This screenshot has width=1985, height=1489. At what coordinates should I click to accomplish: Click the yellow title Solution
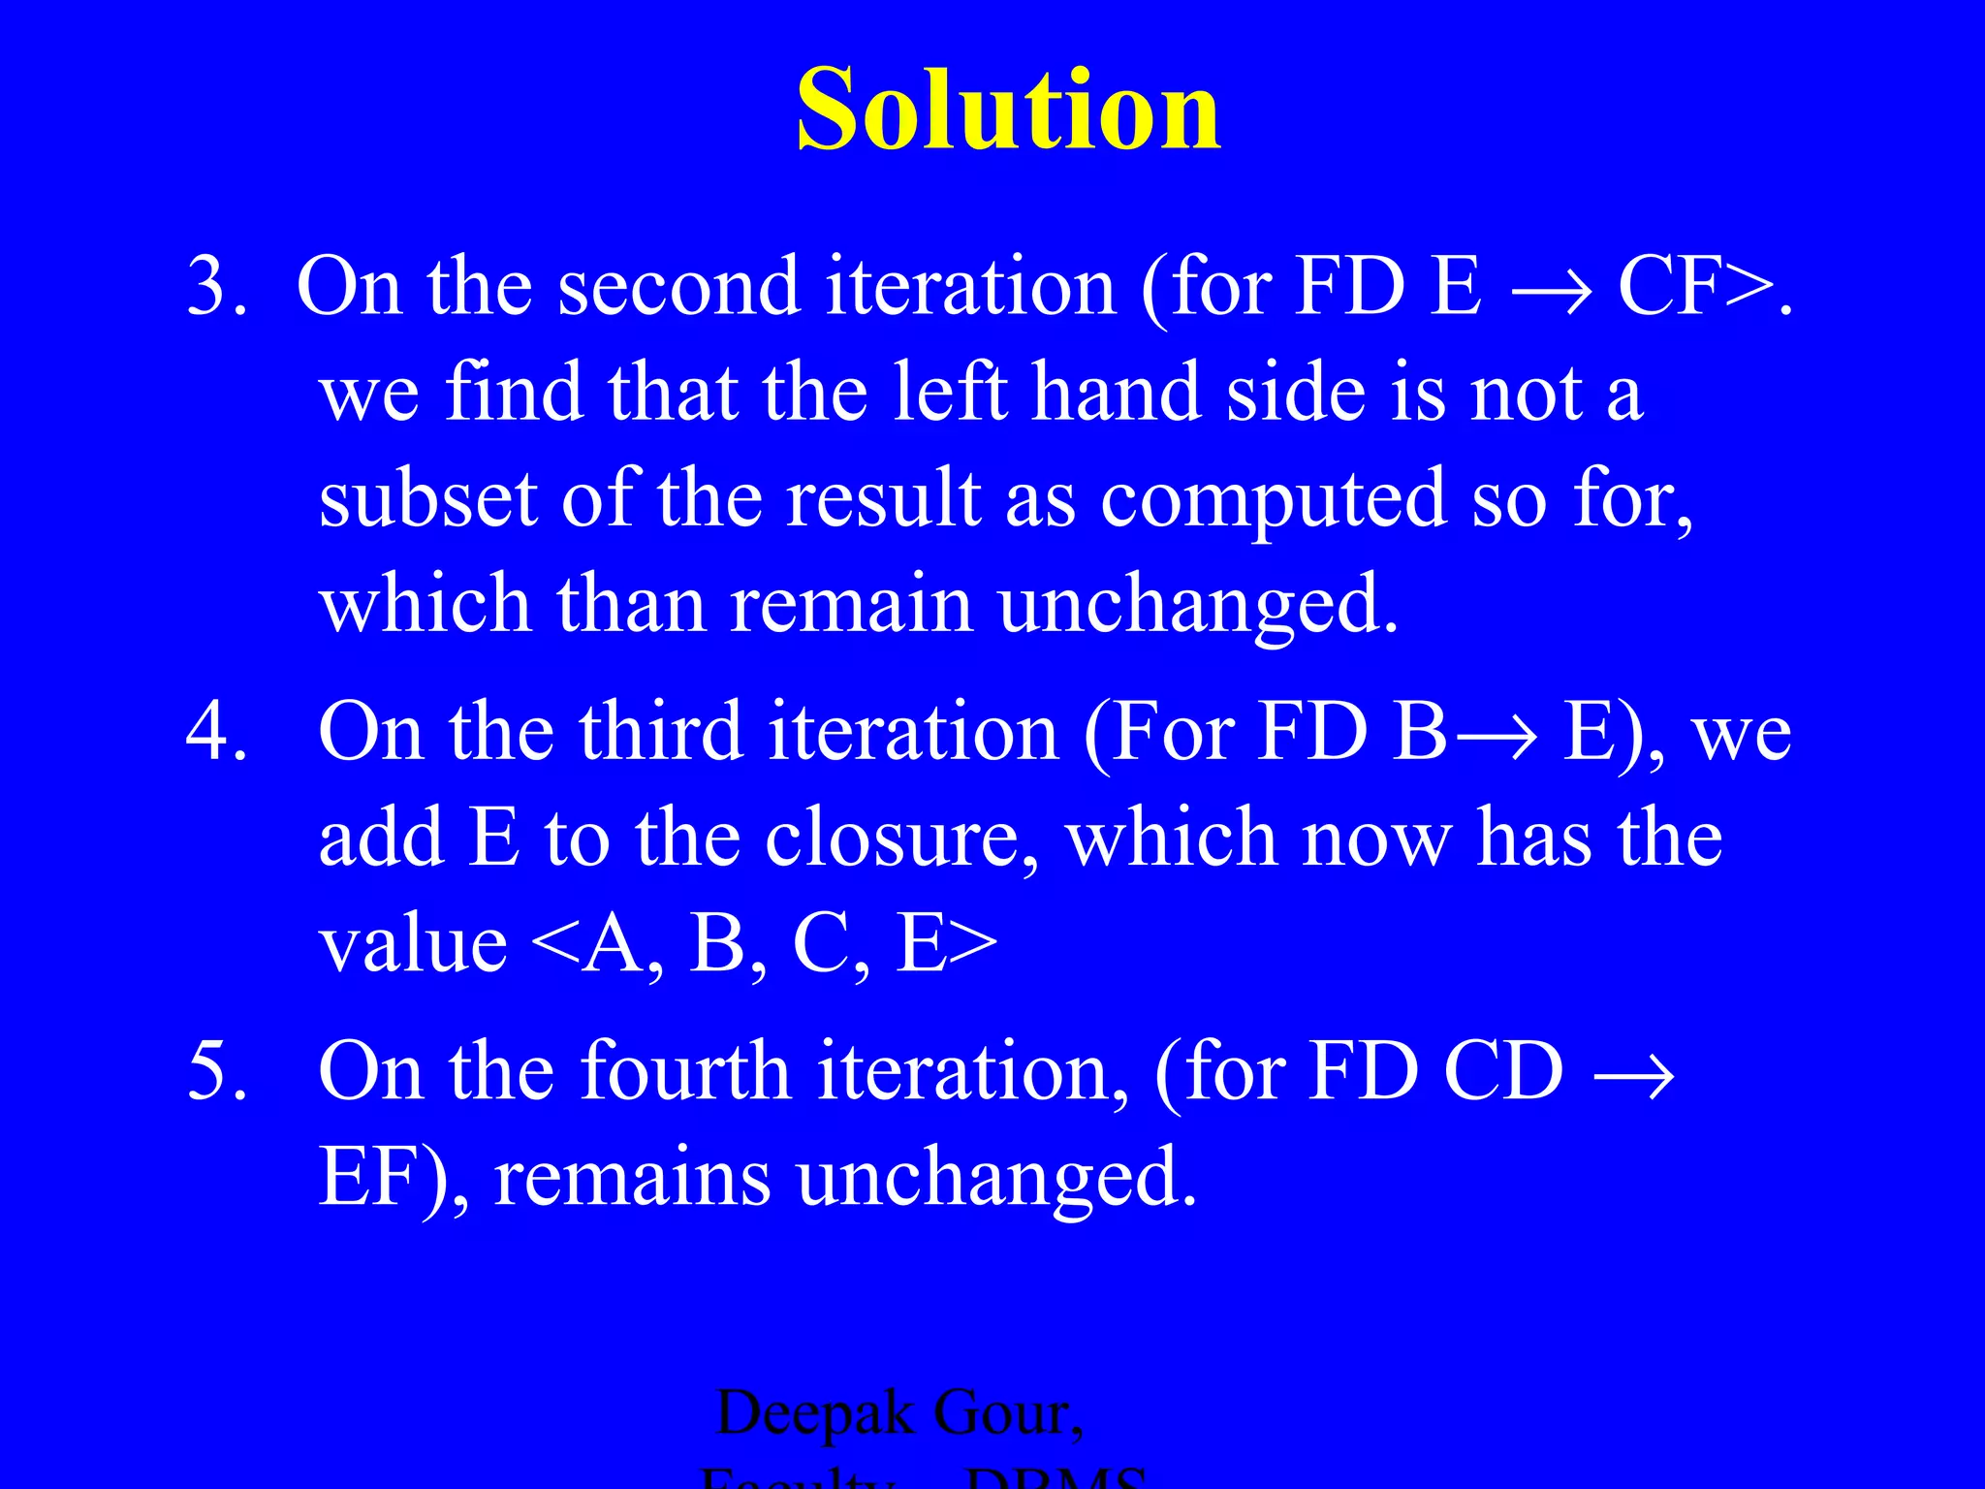point(1007,109)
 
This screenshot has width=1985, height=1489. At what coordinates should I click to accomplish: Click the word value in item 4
point(413,945)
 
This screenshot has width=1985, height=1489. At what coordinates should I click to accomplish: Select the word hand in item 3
point(1116,393)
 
